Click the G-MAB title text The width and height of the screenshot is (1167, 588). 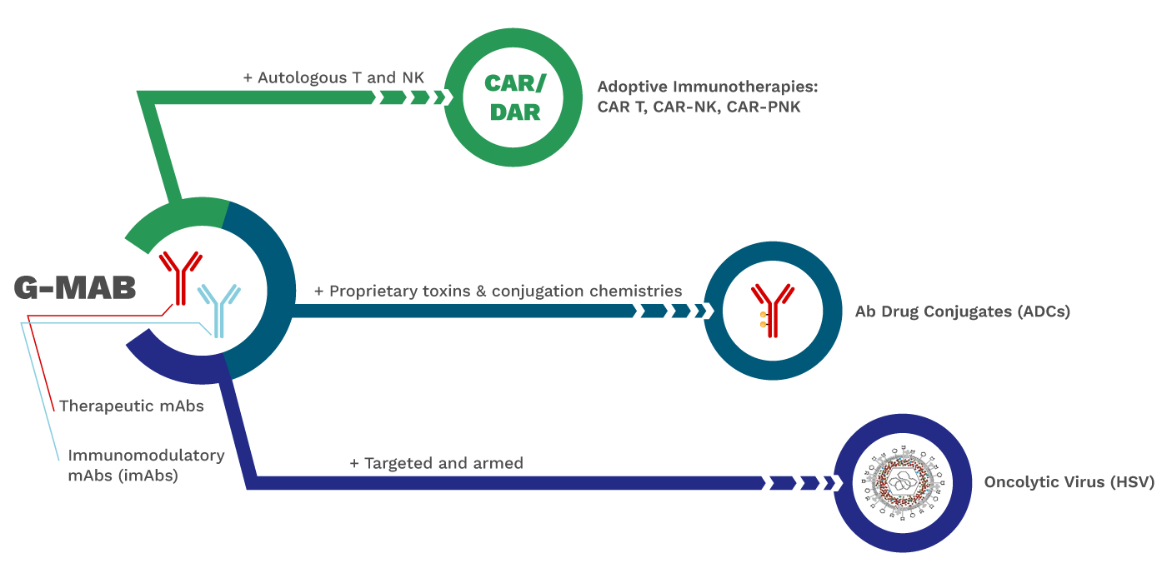[x=73, y=287]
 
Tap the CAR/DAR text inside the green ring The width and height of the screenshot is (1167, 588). [x=513, y=98]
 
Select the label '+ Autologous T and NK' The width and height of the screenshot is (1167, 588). [x=333, y=77]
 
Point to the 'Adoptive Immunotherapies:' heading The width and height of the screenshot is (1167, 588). [x=709, y=87]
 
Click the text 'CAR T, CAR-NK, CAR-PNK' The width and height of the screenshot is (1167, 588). [x=699, y=107]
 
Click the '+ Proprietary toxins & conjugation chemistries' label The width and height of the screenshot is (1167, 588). [x=498, y=292]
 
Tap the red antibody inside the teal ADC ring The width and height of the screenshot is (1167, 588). [x=774, y=310]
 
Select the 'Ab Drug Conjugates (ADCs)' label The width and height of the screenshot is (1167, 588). [x=962, y=312]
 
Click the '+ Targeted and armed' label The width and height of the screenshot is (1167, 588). [x=436, y=463]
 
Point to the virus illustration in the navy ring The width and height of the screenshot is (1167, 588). [x=903, y=483]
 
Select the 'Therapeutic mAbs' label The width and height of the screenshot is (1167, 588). [x=131, y=406]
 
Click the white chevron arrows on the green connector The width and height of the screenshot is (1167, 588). [x=411, y=97]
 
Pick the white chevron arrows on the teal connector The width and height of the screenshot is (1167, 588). [x=672, y=311]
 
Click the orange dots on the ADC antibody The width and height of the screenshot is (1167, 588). [x=762, y=320]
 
